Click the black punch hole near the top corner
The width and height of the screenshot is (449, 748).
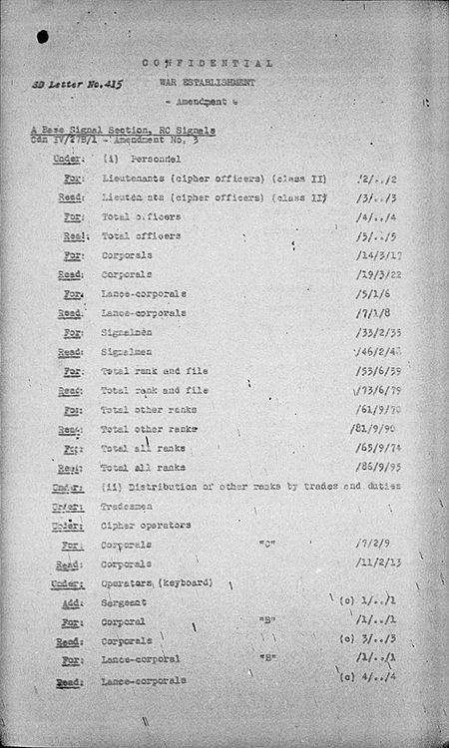[x=43, y=37]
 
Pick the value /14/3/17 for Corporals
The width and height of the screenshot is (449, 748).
[x=379, y=255]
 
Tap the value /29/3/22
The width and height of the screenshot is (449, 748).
[x=379, y=274]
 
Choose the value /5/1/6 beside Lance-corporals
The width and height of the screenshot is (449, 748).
[x=375, y=294]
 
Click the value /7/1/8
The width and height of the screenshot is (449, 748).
[x=375, y=313]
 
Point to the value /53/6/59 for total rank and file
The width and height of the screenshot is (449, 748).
[x=379, y=371]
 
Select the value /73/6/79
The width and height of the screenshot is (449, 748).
[x=379, y=390]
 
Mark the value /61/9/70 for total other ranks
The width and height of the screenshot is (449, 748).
[x=379, y=410]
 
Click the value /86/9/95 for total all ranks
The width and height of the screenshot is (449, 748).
[x=379, y=468]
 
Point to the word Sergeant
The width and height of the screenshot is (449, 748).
[x=124, y=603]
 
